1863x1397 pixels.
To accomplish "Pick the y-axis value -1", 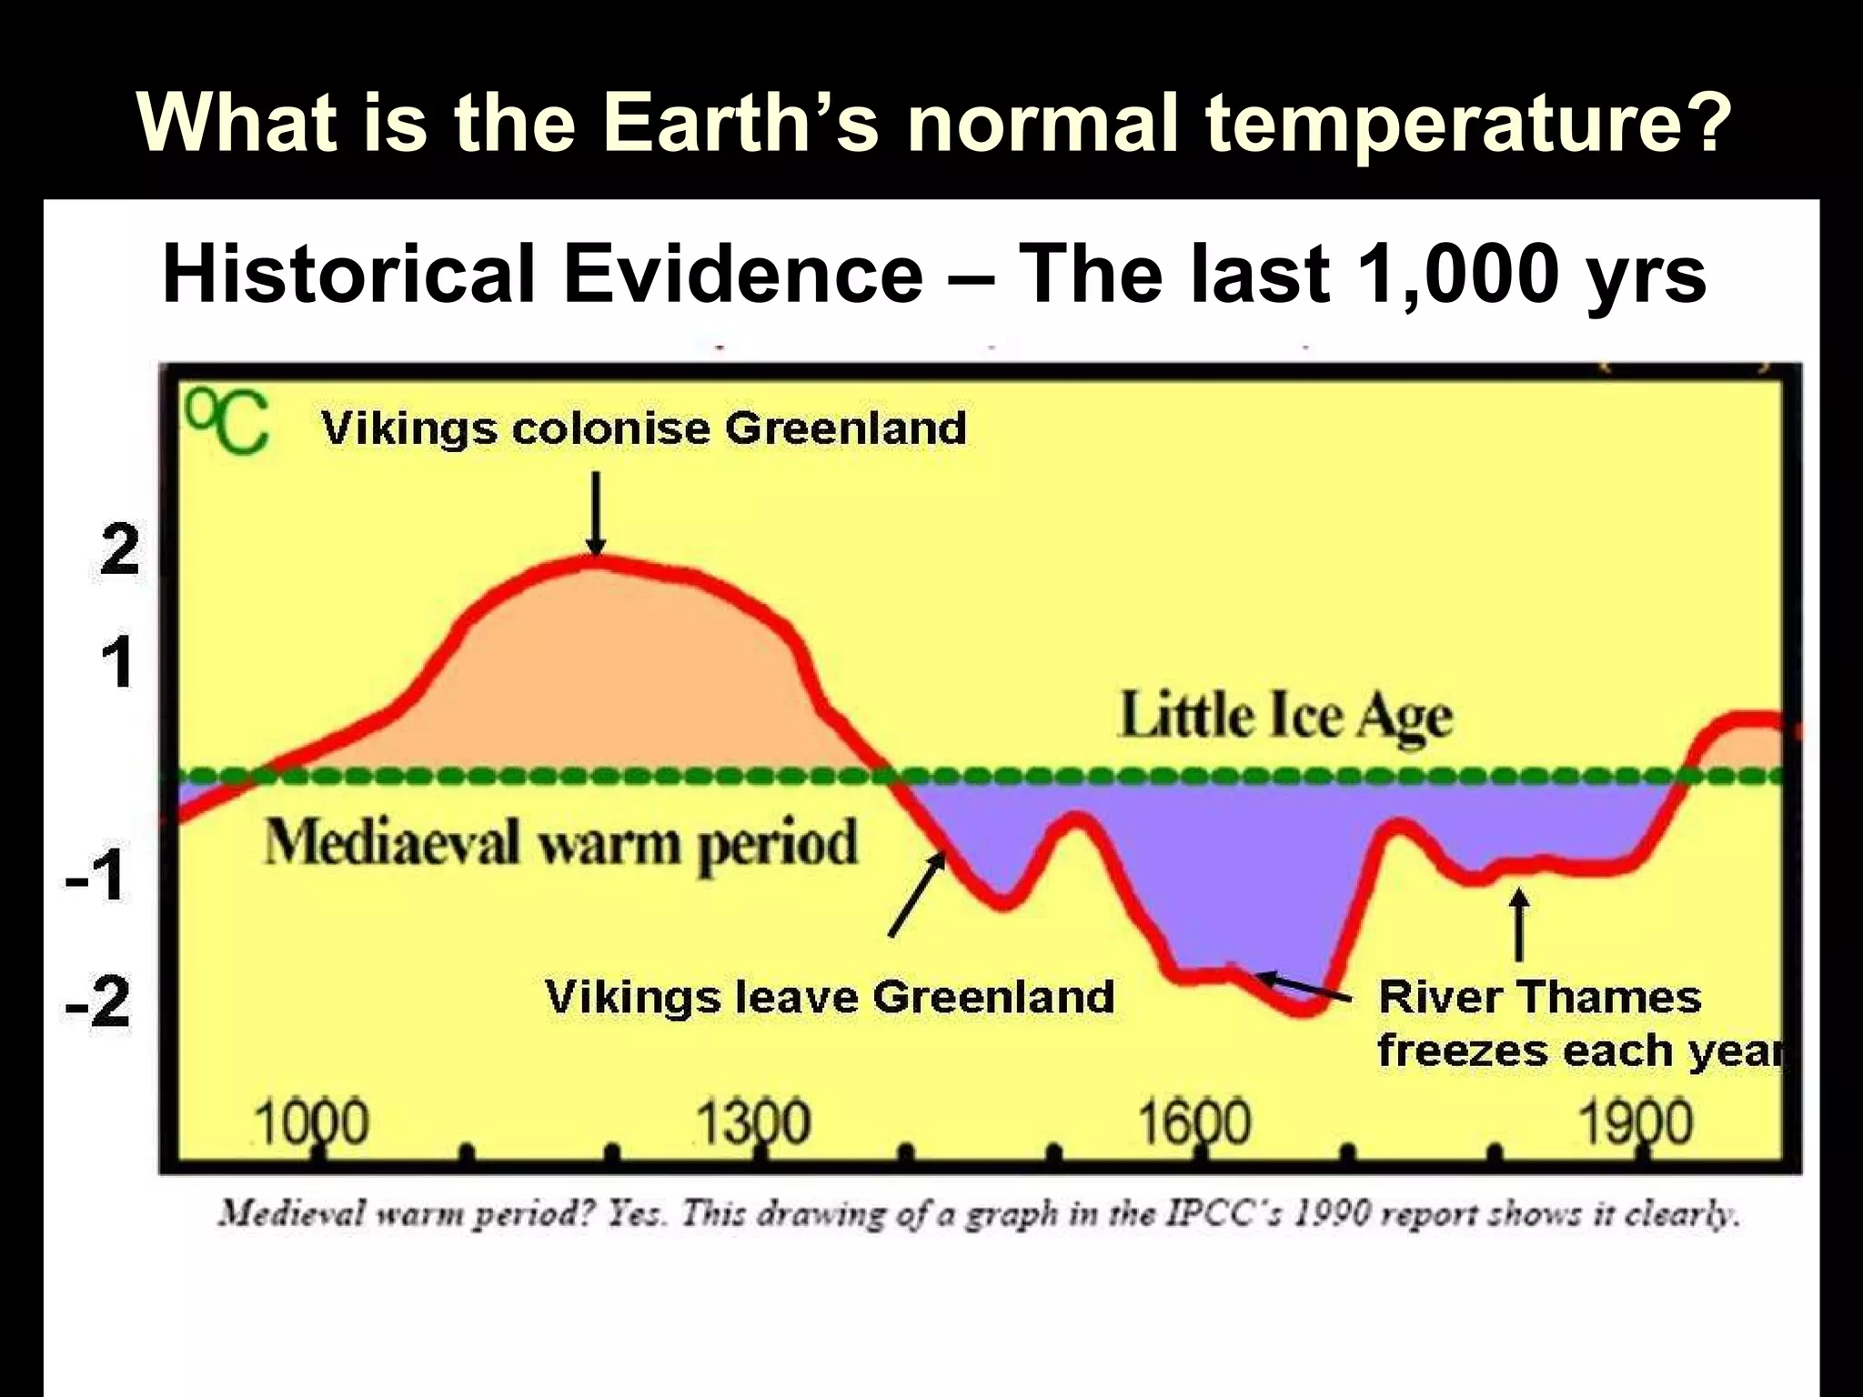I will pos(96,878).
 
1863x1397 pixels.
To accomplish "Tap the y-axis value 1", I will pos(117,662).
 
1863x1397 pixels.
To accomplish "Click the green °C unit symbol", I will pos(227,423).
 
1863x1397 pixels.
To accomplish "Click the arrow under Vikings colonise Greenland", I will pos(596,512).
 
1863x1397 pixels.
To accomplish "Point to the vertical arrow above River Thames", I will pos(1518,924).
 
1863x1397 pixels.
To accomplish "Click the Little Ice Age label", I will pos(1285,717).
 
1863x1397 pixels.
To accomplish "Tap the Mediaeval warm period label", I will pos(560,844).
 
